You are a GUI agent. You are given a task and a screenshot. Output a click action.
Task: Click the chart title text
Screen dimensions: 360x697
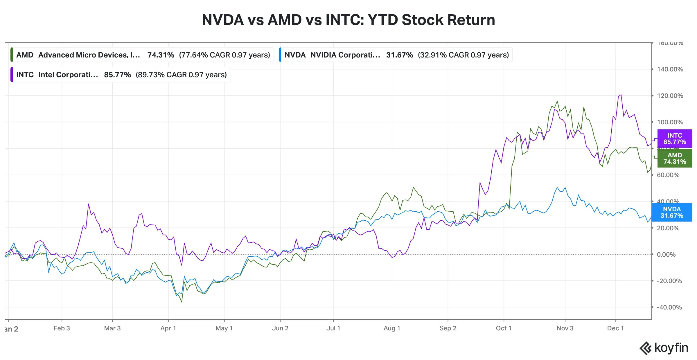(x=348, y=20)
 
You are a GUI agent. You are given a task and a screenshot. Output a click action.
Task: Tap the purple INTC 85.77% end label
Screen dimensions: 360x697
(x=674, y=139)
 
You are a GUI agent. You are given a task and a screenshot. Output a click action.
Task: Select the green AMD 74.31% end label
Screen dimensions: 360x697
(x=674, y=159)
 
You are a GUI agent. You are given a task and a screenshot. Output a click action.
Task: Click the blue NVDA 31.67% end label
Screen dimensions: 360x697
(x=671, y=213)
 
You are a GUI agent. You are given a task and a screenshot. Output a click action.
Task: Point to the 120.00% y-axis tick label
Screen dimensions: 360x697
(x=670, y=96)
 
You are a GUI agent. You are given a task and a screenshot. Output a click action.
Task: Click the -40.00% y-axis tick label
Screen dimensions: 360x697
(x=669, y=307)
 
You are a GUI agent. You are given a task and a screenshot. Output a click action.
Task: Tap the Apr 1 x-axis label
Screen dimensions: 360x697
(x=168, y=328)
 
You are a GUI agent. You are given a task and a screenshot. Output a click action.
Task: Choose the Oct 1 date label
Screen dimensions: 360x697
(x=503, y=328)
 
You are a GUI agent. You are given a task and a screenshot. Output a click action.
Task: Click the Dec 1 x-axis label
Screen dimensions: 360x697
(x=615, y=328)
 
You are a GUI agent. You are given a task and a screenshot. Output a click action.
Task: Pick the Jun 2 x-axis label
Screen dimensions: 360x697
(x=280, y=328)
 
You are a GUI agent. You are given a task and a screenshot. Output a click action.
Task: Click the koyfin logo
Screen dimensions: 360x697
(x=664, y=348)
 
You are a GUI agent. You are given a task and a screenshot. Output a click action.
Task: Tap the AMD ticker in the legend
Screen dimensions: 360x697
(x=25, y=55)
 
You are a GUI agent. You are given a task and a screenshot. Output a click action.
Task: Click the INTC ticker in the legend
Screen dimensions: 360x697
(x=25, y=75)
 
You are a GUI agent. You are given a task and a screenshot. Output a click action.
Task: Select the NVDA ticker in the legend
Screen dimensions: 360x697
(x=295, y=55)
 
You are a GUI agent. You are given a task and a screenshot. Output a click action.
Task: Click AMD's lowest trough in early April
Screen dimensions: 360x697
(x=182, y=302)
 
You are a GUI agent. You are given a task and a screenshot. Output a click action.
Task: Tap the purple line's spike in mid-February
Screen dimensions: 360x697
(x=89, y=204)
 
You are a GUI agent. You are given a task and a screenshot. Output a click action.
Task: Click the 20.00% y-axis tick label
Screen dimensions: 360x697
(x=668, y=228)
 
